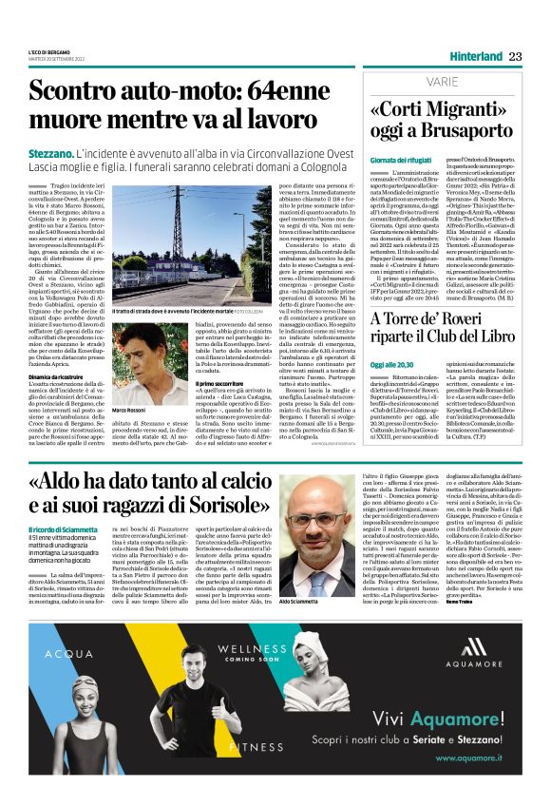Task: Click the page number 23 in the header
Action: pyautogui.click(x=515, y=56)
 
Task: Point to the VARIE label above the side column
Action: pyautogui.click(x=391, y=83)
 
